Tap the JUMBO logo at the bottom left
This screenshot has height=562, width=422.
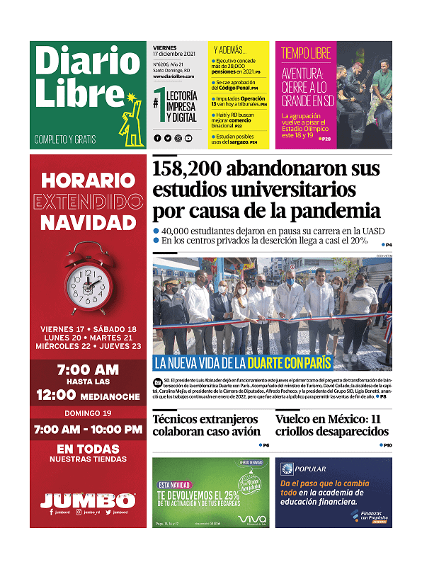(88, 500)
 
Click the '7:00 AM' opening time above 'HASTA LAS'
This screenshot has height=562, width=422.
(88, 370)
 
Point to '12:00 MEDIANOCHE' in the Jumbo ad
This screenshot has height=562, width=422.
(88, 395)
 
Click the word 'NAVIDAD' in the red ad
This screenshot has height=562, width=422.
(88, 223)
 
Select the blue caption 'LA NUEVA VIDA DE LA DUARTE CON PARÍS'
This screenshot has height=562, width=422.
(243, 364)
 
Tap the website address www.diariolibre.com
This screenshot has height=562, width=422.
(173, 76)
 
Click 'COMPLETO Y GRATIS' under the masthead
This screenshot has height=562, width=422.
(65, 139)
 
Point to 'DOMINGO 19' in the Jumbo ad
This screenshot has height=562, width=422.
(88, 413)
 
